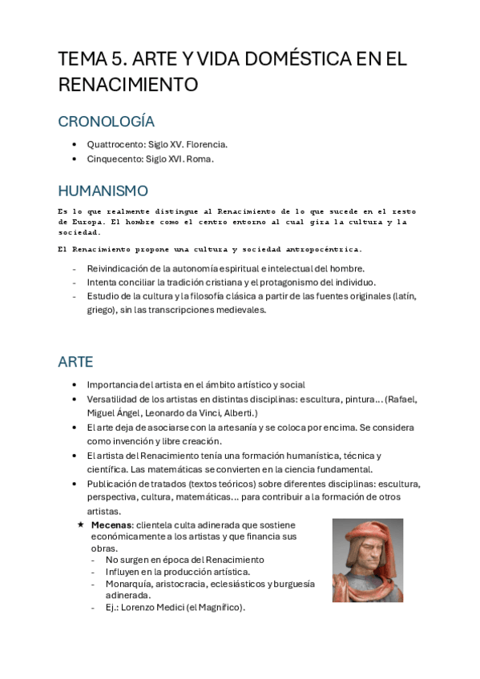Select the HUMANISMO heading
[103, 191]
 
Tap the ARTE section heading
[75, 361]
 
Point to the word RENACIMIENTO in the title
[127, 83]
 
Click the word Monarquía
[128, 584]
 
